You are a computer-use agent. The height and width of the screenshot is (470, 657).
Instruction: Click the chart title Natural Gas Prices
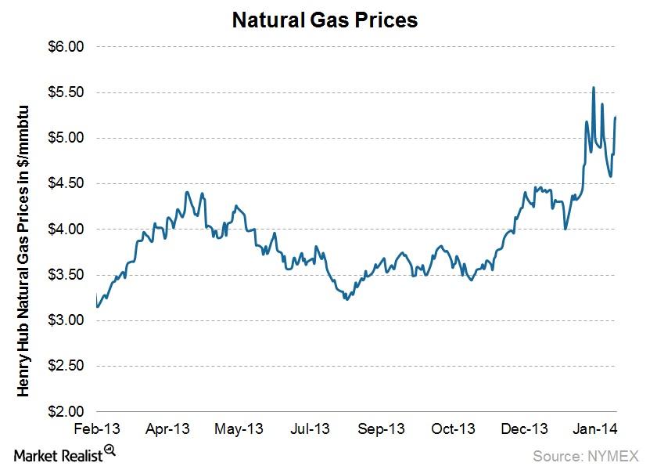tap(325, 20)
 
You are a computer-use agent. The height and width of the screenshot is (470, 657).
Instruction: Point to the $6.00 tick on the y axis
tap(66, 47)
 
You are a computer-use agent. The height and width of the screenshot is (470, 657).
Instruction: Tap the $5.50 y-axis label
tap(66, 92)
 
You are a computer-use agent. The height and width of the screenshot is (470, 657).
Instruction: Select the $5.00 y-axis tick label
tap(66, 138)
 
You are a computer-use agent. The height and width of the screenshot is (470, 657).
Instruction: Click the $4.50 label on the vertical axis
tap(66, 183)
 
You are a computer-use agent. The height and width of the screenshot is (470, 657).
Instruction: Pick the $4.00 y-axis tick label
tap(66, 229)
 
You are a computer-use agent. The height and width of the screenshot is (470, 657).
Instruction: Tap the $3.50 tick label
tap(66, 275)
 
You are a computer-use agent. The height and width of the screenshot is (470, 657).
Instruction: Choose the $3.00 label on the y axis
tap(66, 320)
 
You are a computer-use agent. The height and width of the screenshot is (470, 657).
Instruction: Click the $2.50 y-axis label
tap(66, 366)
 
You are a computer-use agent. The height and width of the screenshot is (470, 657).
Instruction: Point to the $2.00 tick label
tap(66, 411)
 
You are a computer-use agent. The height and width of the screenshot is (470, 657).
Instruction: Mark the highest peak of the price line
tap(594, 88)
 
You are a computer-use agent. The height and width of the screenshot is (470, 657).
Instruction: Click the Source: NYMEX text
tap(586, 455)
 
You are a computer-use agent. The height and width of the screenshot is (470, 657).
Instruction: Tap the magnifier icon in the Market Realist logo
tap(109, 450)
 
